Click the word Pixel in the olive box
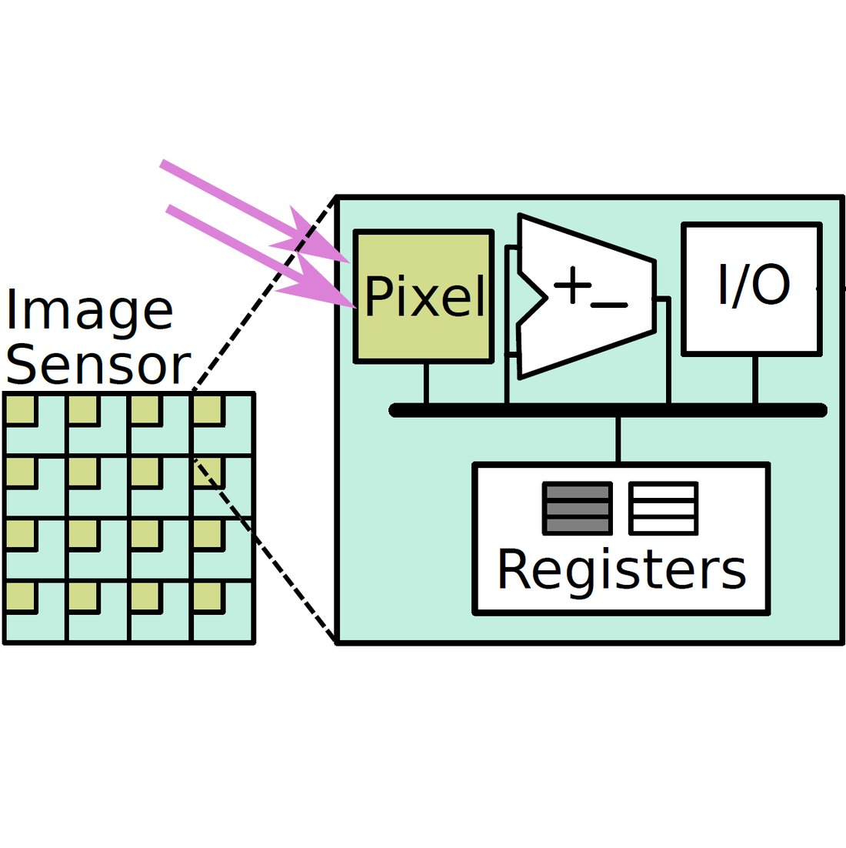(425, 296)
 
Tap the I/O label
(754, 285)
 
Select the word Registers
(621, 571)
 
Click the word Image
(89, 310)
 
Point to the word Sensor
(97, 365)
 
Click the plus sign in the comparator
(572, 286)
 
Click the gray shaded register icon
(578, 508)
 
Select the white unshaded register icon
(663, 508)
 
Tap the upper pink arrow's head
(319, 242)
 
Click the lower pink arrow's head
(323, 289)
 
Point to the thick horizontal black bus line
(608, 410)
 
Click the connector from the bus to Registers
(618, 439)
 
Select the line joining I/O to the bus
(755, 379)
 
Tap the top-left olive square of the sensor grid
(20, 409)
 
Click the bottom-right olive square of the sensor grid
(207, 597)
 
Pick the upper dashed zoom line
(265, 293)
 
